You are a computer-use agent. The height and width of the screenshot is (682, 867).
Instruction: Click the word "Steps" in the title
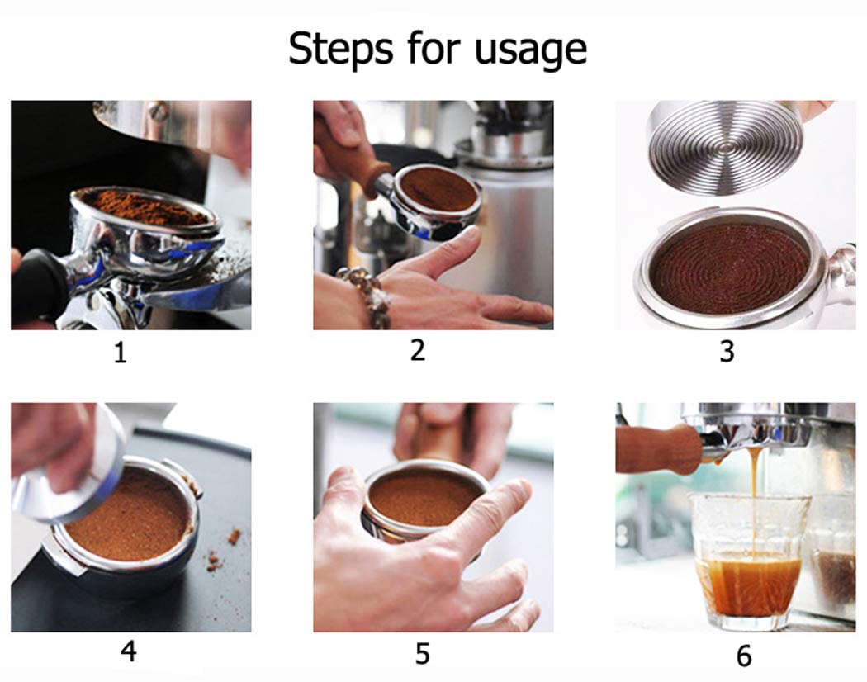[341, 48]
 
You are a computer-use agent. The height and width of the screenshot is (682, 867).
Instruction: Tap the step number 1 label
[120, 353]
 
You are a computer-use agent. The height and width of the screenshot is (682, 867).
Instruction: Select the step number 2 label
[418, 350]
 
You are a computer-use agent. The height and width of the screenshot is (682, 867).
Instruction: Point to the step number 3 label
[727, 352]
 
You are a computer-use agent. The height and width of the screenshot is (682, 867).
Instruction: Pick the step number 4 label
[129, 651]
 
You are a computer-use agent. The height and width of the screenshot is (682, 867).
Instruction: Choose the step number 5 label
[423, 654]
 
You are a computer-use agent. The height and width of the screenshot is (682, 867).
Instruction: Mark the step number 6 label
[744, 656]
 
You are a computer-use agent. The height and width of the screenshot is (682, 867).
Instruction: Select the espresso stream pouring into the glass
[754, 498]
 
